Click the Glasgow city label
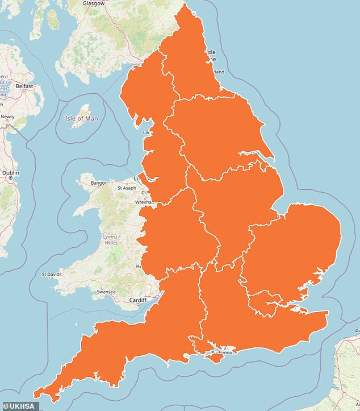pyautogui.click(x=93, y=3)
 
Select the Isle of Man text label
pyautogui.click(x=81, y=118)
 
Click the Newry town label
pyautogui.click(x=8, y=117)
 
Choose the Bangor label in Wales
pyautogui.click(x=98, y=183)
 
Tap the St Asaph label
pyautogui.click(x=127, y=188)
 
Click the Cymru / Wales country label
pyautogui.click(x=109, y=239)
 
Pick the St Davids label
pyautogui.click(x=52, y=275)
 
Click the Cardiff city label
pyautogui.click(x=137, y=300)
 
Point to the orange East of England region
pyautogui.click(x=295, y=250)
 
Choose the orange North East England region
pyautogui.click(x=193, y=63)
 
